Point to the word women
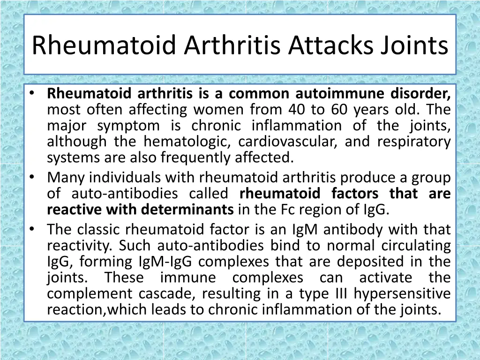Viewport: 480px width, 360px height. coord(219,110)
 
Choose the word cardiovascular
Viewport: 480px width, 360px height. coord(286,142)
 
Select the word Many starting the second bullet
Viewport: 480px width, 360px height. coord(66,178)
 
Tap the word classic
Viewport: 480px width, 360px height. coord(99,230)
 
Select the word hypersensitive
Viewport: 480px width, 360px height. coord(402,293)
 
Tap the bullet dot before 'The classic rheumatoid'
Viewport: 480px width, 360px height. coord(31,229)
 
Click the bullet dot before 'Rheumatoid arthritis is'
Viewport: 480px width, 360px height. coord(31,94)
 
